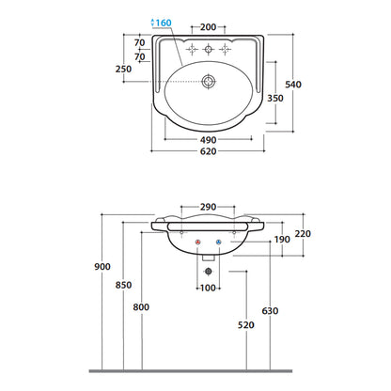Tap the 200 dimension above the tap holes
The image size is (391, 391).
209,27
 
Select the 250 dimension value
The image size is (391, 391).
123,69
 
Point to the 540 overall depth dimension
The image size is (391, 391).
293,85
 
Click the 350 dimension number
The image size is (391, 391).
275,98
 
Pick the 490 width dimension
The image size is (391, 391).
209,140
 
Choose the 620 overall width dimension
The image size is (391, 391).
209,151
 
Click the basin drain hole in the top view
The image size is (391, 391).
209,82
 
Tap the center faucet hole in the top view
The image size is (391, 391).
208,49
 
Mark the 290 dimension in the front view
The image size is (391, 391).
209,207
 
